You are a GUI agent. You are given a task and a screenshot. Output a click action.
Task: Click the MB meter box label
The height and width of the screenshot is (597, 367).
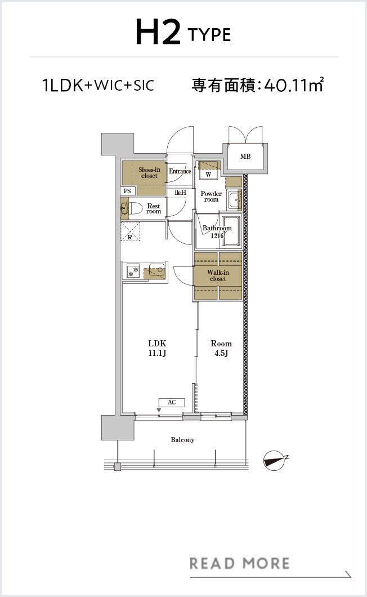click(245, 157)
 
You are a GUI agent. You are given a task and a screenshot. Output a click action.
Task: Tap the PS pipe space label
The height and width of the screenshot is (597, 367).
click(128, 191)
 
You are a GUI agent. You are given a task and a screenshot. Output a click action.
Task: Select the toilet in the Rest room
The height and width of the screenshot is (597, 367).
click(132, 208)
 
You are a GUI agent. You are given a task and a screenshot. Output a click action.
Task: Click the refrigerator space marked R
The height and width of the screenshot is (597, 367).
click(130, 231)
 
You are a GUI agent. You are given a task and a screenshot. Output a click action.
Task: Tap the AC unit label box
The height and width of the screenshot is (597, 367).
click(172, 403)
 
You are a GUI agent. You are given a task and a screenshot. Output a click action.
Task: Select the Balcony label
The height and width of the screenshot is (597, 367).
click(182, 440)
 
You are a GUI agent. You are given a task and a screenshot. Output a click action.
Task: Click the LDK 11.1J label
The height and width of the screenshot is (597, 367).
click(157, 348)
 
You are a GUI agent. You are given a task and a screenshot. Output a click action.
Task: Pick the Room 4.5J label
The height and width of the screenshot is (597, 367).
click(221, 348)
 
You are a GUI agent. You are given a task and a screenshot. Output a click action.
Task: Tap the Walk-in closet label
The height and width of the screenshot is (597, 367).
click(218, 275)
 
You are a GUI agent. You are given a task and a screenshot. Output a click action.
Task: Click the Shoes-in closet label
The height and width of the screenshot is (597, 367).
click(149, 172)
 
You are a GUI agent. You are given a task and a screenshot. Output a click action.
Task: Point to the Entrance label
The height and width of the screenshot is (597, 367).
click(180, 171)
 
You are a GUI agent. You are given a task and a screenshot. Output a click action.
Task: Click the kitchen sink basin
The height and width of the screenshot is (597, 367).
click(157, 270)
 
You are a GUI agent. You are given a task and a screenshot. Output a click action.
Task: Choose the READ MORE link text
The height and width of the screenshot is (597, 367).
click(240, 564)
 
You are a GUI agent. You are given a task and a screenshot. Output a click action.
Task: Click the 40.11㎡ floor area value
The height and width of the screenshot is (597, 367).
click(293, 84)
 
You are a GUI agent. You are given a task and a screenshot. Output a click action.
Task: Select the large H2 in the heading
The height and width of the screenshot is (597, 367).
click(158, 32)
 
